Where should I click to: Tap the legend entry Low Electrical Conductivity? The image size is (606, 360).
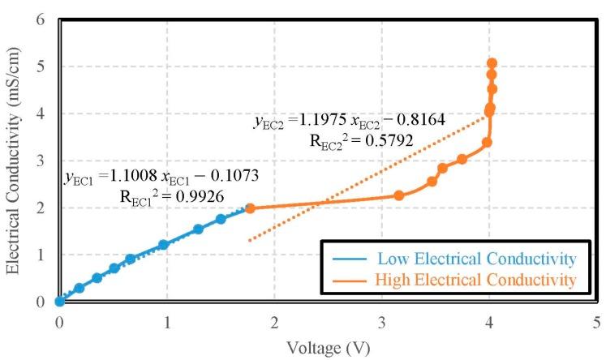click(x=476, y=259)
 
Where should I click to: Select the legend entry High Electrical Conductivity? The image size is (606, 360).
click(x=476, y=281)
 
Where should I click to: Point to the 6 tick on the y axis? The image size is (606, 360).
click(x=40, y=19)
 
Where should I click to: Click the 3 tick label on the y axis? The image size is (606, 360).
click(x=40, y=161)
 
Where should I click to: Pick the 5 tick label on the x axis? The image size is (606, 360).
click(x=597, y=320)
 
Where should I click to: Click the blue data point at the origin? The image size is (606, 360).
click(x=59, y=302)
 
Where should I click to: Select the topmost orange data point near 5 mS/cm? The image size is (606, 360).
click(x=492, y=62)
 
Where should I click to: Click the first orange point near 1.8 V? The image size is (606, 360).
click(x=250, y=208)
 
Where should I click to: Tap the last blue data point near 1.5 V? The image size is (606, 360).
click(x=221, y=219)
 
